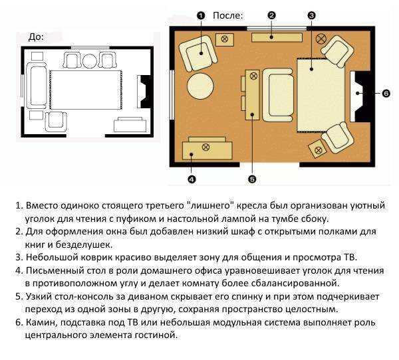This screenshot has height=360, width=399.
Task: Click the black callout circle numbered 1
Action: pos(201,16)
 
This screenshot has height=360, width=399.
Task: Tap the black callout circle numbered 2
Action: pos(271,15)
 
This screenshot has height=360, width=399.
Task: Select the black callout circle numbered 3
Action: pos(311,15)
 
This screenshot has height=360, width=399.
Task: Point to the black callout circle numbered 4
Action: pos(192,179)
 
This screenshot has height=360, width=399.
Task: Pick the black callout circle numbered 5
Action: pos(252,179)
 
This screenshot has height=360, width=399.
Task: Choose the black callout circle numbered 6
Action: pos(386,93)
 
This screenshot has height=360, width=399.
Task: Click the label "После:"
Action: pos(227,16)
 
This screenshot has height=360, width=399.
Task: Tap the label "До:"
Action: pos(36,37)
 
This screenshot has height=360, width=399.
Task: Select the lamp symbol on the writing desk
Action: pos(205,147)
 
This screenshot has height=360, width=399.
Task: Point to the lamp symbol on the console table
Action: pos(253,76)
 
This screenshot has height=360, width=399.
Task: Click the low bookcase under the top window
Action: pos(277,37)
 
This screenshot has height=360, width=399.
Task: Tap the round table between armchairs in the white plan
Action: pos(90,61)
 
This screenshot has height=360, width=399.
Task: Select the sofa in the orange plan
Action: pos(278,95)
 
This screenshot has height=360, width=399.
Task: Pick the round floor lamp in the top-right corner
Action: pos(321,39)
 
